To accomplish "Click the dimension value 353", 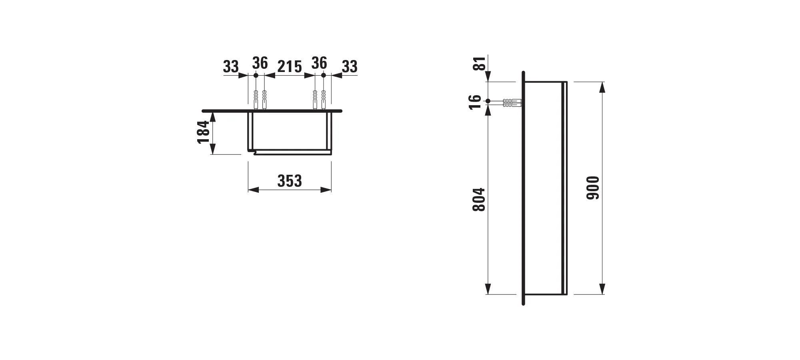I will coord(290,181).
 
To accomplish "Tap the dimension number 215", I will coord(290,66).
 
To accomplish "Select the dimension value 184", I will coord(204,132).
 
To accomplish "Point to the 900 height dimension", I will coord(593,188).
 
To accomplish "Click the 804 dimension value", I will coord(479,200).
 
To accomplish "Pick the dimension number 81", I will coord(480,63).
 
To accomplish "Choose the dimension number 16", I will coord(475,102).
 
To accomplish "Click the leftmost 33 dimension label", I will coord(231,66).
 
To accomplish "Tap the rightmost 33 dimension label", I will coord(349,66).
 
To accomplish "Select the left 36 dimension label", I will coord(260,63).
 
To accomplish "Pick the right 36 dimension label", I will coord(319,63).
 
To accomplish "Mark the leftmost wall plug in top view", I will coord(256,99).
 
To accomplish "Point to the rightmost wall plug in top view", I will coord(324,99).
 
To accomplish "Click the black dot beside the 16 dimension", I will coord(488,101).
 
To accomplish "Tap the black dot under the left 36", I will coord(256,75).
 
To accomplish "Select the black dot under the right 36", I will coord(324,75).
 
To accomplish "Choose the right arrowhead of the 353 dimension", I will coord(326,190).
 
